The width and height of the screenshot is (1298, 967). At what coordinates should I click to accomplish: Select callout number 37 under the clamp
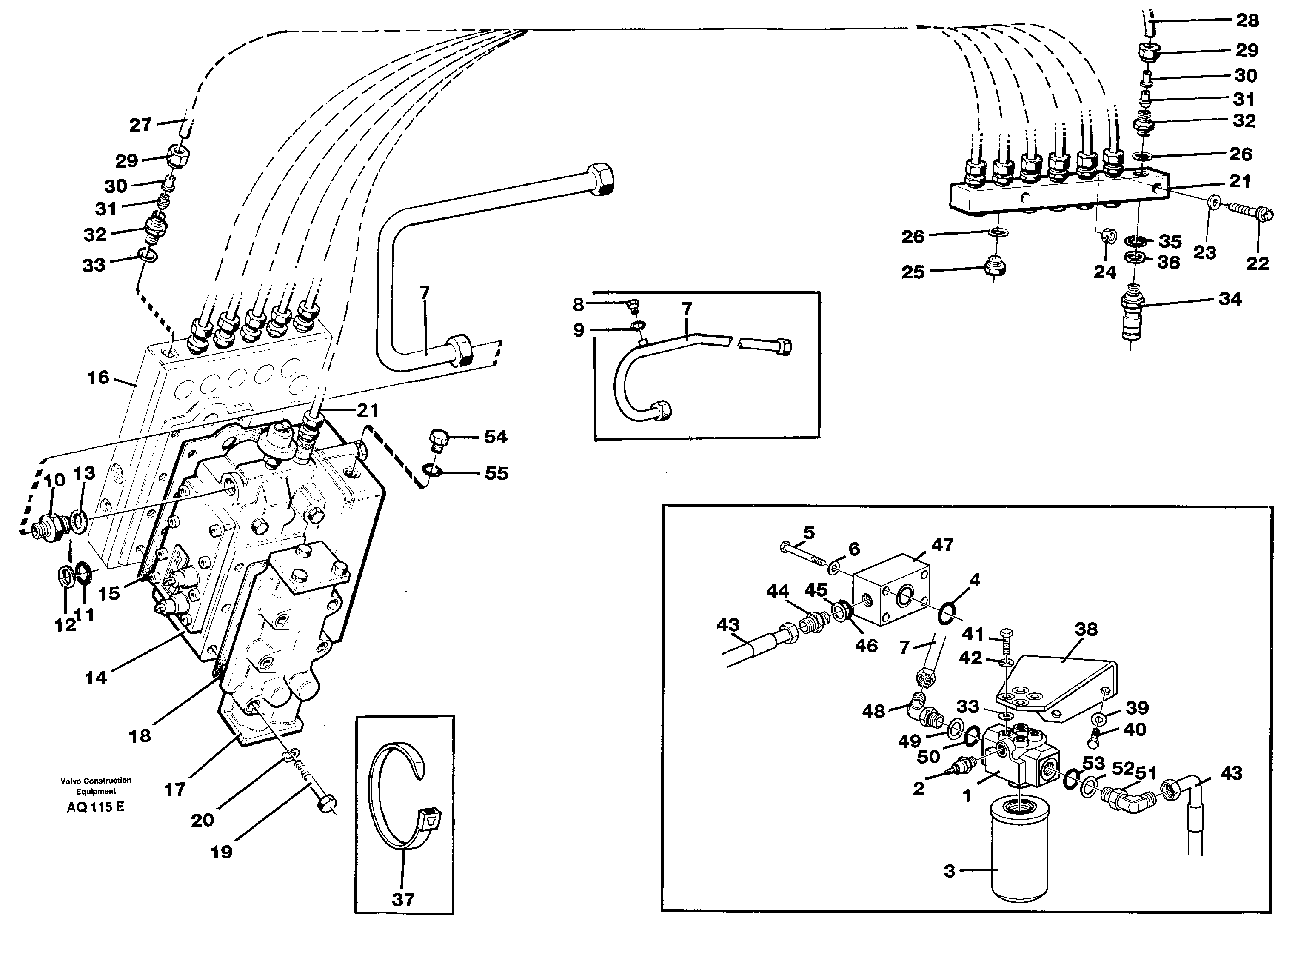403,899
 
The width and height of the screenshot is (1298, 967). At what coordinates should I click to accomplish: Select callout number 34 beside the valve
1230,299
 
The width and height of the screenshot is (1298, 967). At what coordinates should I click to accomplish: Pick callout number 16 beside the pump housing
98,378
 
